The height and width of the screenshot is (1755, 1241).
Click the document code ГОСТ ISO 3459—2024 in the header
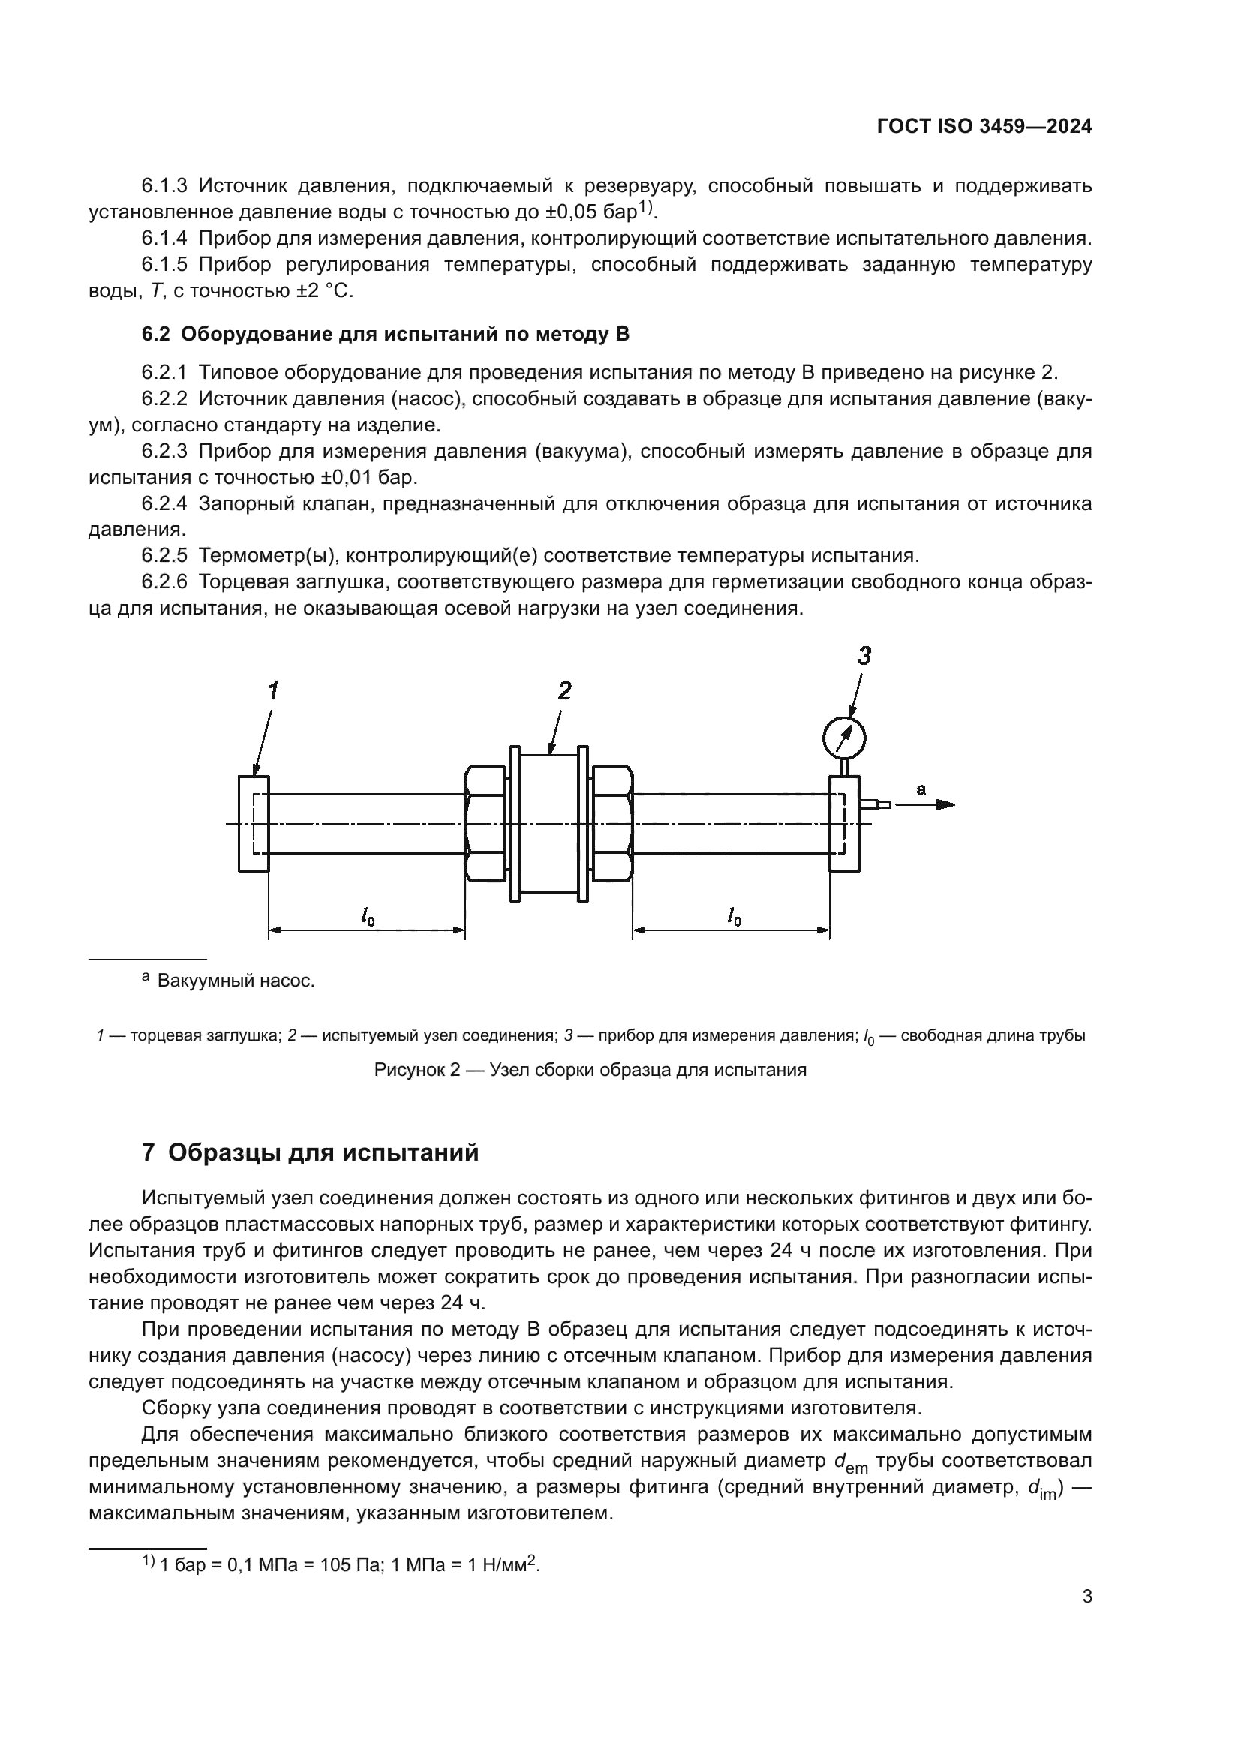pos(984,127)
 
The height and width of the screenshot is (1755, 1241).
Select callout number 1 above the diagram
pos(272,691)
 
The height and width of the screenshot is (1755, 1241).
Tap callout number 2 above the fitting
pos(564,691)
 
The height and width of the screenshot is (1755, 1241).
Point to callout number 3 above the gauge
pos(864,656)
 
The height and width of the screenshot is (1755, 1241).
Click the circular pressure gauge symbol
pos(843,738)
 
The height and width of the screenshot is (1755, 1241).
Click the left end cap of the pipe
pos(254,823)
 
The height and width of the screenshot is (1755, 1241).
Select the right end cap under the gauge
pos(843,823)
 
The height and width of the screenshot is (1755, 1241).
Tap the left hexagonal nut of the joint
pos(485,823)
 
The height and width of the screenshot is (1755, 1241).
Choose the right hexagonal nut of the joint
pos(611,823)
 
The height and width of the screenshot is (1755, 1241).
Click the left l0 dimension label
pos(368,915)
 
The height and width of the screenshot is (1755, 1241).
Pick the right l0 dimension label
pos(733,915)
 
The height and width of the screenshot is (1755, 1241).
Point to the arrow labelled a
pos(926,804)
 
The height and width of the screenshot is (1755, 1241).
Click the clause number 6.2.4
pos(164,503)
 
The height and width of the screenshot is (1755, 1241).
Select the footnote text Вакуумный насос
pos(236,981)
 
